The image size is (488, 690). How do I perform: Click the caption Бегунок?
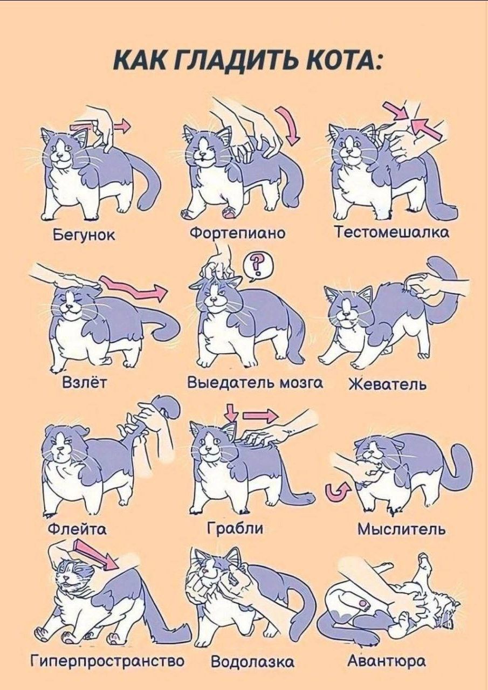84,236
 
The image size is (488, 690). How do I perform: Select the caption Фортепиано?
237,234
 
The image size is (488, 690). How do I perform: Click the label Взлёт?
85,383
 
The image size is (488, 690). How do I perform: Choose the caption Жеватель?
388,384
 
